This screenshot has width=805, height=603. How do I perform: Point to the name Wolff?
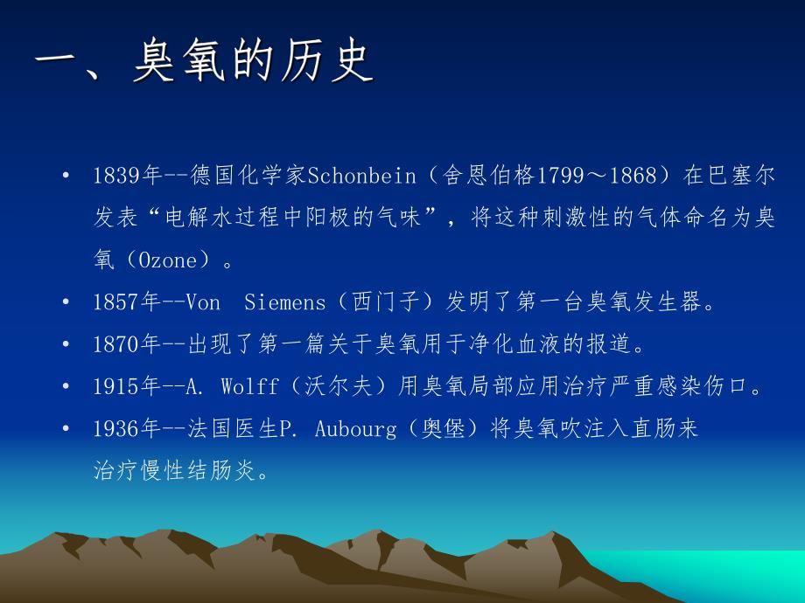(x=248, y=387)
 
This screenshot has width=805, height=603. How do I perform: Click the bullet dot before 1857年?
(x=66, y=302)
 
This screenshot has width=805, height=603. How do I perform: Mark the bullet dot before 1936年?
(x=66, y=429)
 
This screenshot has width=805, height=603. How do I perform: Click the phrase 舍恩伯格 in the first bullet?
(x=487, y=176)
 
